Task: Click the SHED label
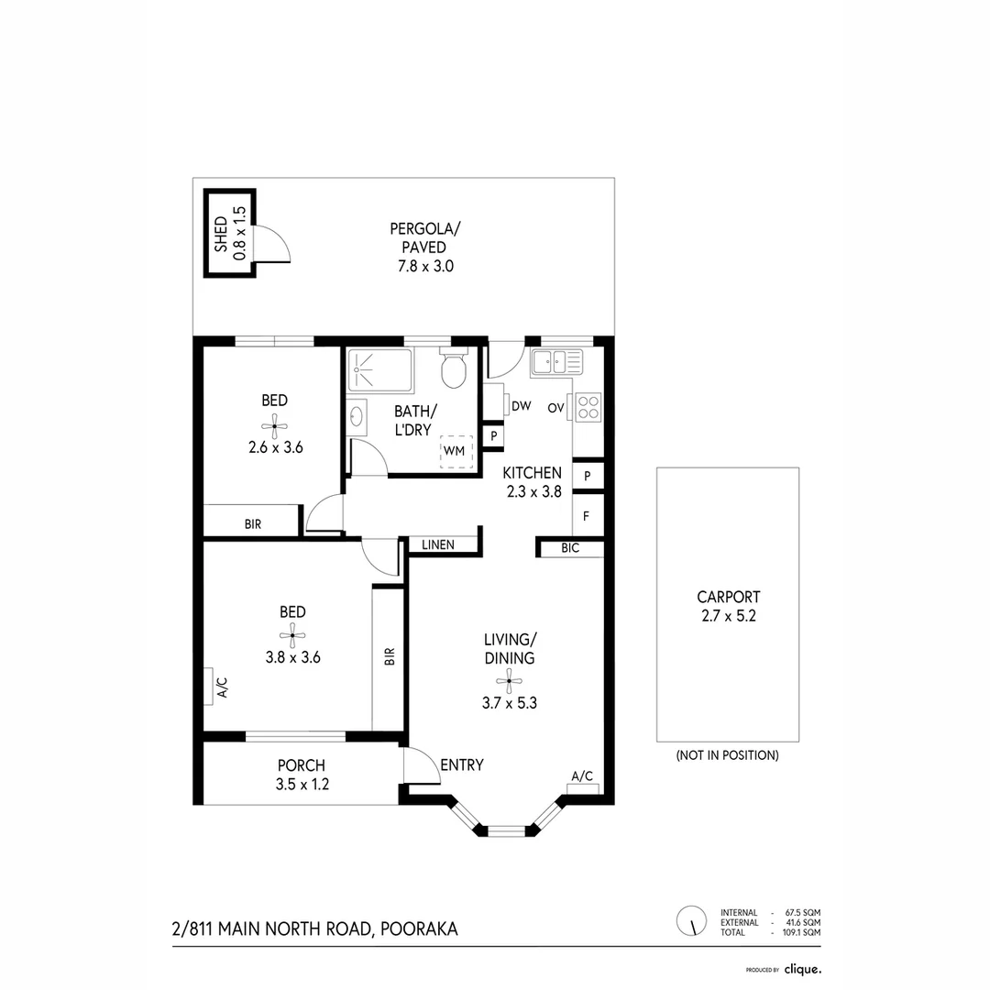220,235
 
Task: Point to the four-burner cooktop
588,406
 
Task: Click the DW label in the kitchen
522,406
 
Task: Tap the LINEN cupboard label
438,544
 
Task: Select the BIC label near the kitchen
571,548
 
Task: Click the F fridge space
586,515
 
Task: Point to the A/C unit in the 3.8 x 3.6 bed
211,686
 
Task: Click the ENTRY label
461,765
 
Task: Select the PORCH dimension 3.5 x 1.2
302,785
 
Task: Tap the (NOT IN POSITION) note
727,755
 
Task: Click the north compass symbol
692,920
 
